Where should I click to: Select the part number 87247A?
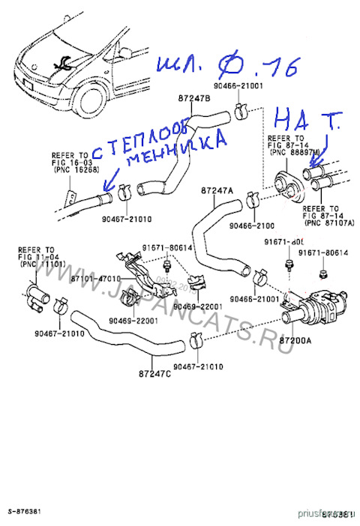[217, 191]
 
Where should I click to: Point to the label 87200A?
[299, 339]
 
